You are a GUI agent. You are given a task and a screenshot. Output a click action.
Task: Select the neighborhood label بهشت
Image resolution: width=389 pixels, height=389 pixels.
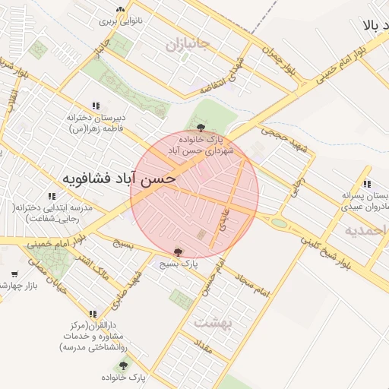coord(210,321)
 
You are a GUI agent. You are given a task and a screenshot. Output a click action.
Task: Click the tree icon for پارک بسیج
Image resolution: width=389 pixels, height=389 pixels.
coord(179,251)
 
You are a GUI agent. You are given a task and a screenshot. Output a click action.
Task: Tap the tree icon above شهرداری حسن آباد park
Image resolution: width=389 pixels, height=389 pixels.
coord(201,128)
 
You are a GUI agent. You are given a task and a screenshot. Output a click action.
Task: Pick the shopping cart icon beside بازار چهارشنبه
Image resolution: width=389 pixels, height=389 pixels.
coord(14,274)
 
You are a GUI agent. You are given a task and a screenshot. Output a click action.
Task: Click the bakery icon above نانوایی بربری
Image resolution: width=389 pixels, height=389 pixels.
coord(119,10)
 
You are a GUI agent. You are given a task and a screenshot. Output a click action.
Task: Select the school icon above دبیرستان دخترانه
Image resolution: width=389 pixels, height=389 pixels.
coord(95,106)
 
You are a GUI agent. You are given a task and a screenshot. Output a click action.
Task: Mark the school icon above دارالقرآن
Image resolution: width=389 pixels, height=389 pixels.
coord(93,313)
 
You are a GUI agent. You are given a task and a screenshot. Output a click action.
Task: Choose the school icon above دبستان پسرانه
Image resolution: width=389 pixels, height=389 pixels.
coord(367,184)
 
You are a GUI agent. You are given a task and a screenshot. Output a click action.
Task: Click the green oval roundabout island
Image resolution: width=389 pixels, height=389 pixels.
coord(280,224)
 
